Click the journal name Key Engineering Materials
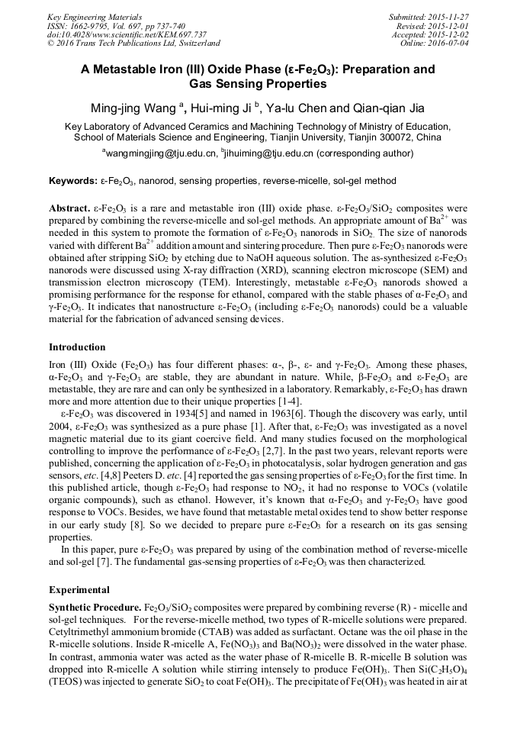point(95,17)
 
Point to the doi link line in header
point(127,34)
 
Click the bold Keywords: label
point(73,181)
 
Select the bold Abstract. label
point(69,208)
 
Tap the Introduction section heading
point(77,347)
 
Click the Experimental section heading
point(79,590)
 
